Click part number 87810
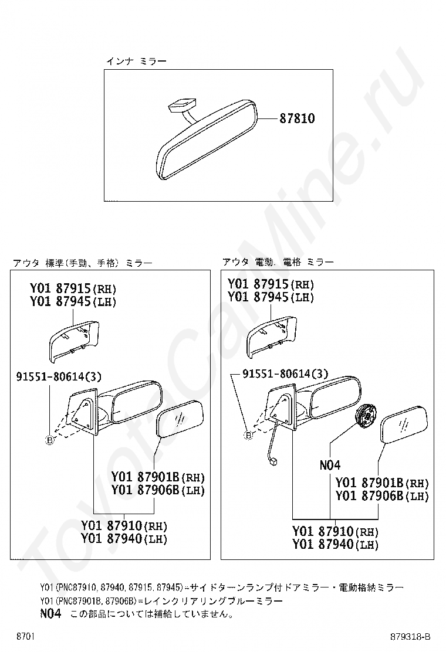coord(296,118)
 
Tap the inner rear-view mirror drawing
coord(207,140)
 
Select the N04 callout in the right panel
coord(330,465)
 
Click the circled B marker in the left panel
coord(49,440)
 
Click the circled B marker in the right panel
coord(248,436)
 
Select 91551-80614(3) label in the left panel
coord(59,377)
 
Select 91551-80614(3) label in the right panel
coord(285,373)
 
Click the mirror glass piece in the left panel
coord(180,419)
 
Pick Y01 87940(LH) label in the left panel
coord(124,538)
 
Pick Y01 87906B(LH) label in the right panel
coord(382,495)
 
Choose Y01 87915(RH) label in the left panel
coord(73,288)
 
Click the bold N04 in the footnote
coord(50,613)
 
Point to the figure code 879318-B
coord(410,637)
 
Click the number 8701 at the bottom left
coord(25,637)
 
